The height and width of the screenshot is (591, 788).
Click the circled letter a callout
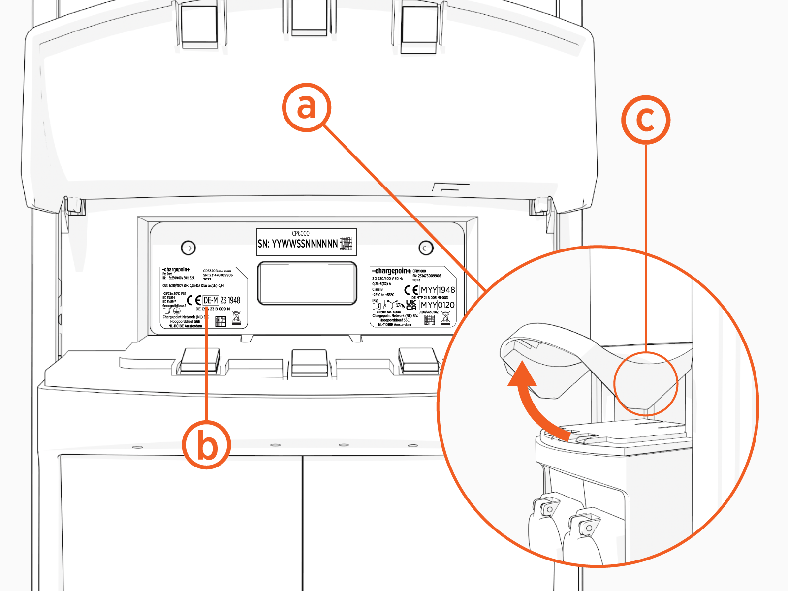306,107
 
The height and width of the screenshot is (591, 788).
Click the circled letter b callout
207,444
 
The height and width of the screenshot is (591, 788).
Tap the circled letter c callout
645,120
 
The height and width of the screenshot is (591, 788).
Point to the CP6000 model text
301,233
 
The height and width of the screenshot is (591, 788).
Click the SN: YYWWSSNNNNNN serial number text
298,244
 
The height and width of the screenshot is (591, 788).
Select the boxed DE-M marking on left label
211,300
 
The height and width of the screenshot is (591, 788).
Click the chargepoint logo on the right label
391,271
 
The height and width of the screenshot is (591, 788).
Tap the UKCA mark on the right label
411,305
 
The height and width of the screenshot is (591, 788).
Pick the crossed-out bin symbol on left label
236,318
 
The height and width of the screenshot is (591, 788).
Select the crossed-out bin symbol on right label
445,318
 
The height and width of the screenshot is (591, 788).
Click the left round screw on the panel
189,248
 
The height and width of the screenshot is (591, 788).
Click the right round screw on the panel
426,248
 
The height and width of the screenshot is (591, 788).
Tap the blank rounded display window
307,283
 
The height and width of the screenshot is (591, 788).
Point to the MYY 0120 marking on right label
437,305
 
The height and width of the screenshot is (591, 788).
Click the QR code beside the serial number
346,243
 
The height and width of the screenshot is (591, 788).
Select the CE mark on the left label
194,301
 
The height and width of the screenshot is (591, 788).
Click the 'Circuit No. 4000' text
388,312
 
